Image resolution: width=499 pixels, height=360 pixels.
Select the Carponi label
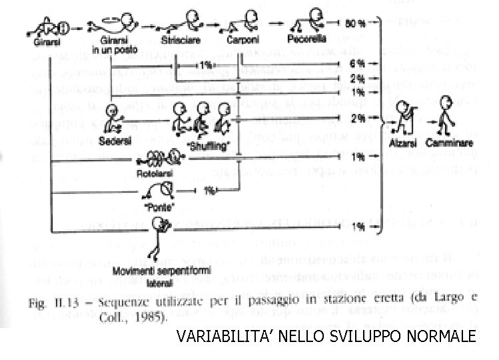click(239, 41)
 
